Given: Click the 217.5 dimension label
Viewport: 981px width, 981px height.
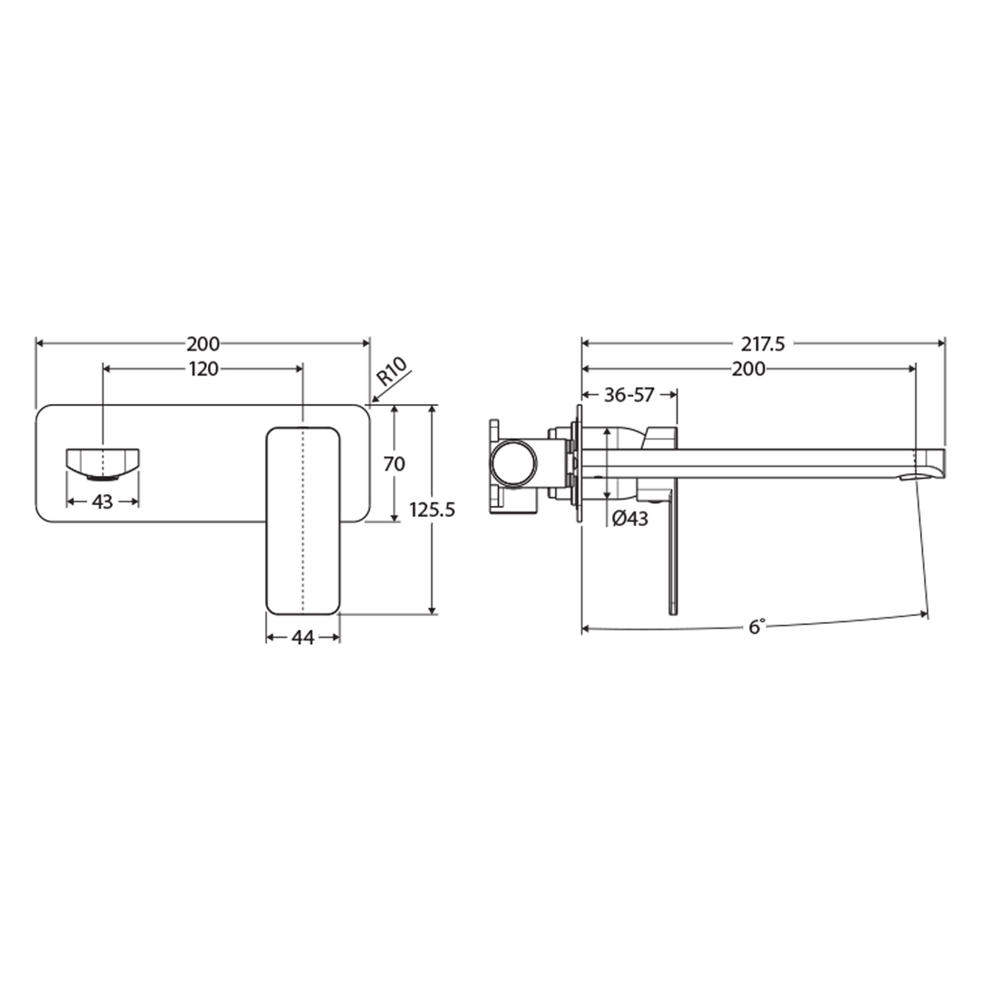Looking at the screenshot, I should click(x=762, y=344).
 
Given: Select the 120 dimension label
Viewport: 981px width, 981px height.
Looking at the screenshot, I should click(x=203, y=369).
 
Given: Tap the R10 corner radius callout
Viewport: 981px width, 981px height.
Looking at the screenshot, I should click(x=393, y=374).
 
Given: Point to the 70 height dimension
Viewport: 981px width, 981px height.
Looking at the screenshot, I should click(x=394, y=463).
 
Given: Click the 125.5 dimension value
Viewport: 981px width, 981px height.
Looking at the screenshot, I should click(x=431, y=510).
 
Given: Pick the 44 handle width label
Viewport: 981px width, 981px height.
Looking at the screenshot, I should click(x=302, y=638).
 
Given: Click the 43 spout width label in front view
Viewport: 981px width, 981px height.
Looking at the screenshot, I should click(x=103, y=500).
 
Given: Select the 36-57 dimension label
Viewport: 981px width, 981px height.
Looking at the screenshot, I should click(x=629, y=394).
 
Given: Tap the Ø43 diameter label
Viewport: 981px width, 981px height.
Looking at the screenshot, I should click(x=629, y=519).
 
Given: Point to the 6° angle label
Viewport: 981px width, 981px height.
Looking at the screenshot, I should click(x=757, y=627).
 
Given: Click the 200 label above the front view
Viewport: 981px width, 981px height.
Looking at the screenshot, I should click(x=203, y=344).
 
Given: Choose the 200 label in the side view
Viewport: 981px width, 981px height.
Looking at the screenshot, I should click(x=749, y=369).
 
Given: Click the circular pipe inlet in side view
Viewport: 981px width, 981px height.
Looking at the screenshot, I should click(x=513, y=463).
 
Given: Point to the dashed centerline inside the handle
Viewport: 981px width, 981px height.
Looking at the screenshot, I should click(x=302, y=518).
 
